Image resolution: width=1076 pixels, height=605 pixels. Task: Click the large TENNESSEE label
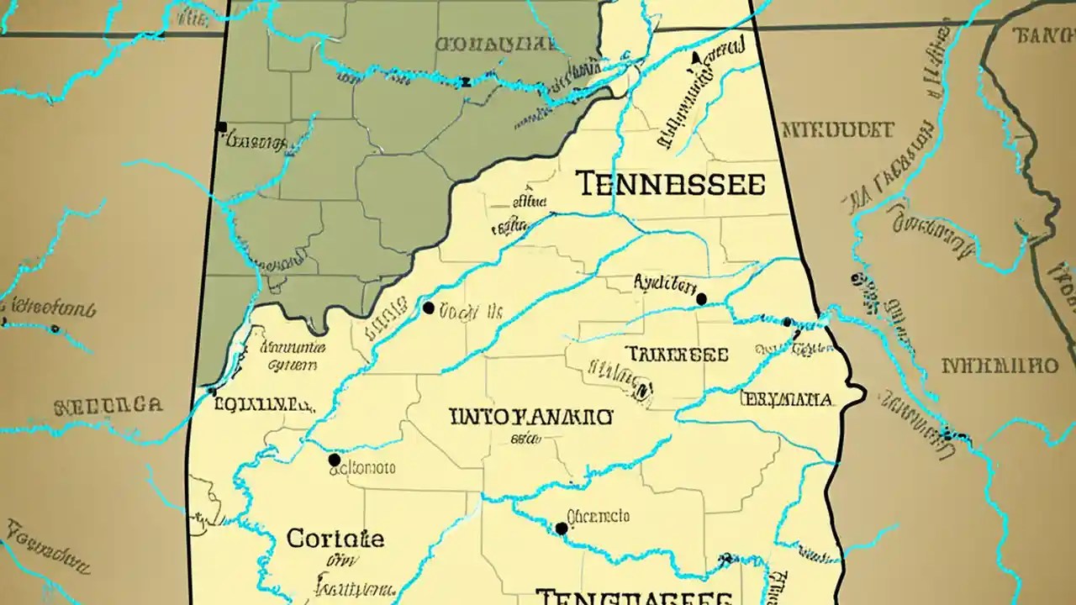[x=672, y=184]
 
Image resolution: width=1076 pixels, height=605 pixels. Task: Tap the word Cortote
[x=335, y=539]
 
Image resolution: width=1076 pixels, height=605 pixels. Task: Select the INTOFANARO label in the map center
[x=531, y=416]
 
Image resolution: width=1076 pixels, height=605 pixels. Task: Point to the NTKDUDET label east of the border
[x=836, y=129]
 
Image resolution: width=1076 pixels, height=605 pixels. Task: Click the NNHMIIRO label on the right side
[x=999, y=366]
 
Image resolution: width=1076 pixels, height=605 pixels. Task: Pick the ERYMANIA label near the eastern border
[x=787, y=398]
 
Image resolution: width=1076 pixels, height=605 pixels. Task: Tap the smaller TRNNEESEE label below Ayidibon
[x=677, y=355]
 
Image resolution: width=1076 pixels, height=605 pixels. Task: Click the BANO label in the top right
[x=1042, y=35]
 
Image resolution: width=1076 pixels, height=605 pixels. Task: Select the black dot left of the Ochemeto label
[x=561, y=529]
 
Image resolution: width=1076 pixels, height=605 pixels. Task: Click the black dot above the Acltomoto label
[x=335, y=460]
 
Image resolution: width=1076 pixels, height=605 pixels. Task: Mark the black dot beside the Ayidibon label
[x=701, y=299]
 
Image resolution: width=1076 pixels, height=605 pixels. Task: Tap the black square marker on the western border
[x=222, y=128]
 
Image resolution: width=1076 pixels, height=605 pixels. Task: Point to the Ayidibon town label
[x=665, y=284]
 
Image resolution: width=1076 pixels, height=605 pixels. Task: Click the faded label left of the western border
[x=108, y=407]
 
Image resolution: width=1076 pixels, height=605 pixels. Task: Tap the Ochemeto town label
[x=598, y=516]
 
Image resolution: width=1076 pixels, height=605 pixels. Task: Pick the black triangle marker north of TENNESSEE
[x=695, y=57]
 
